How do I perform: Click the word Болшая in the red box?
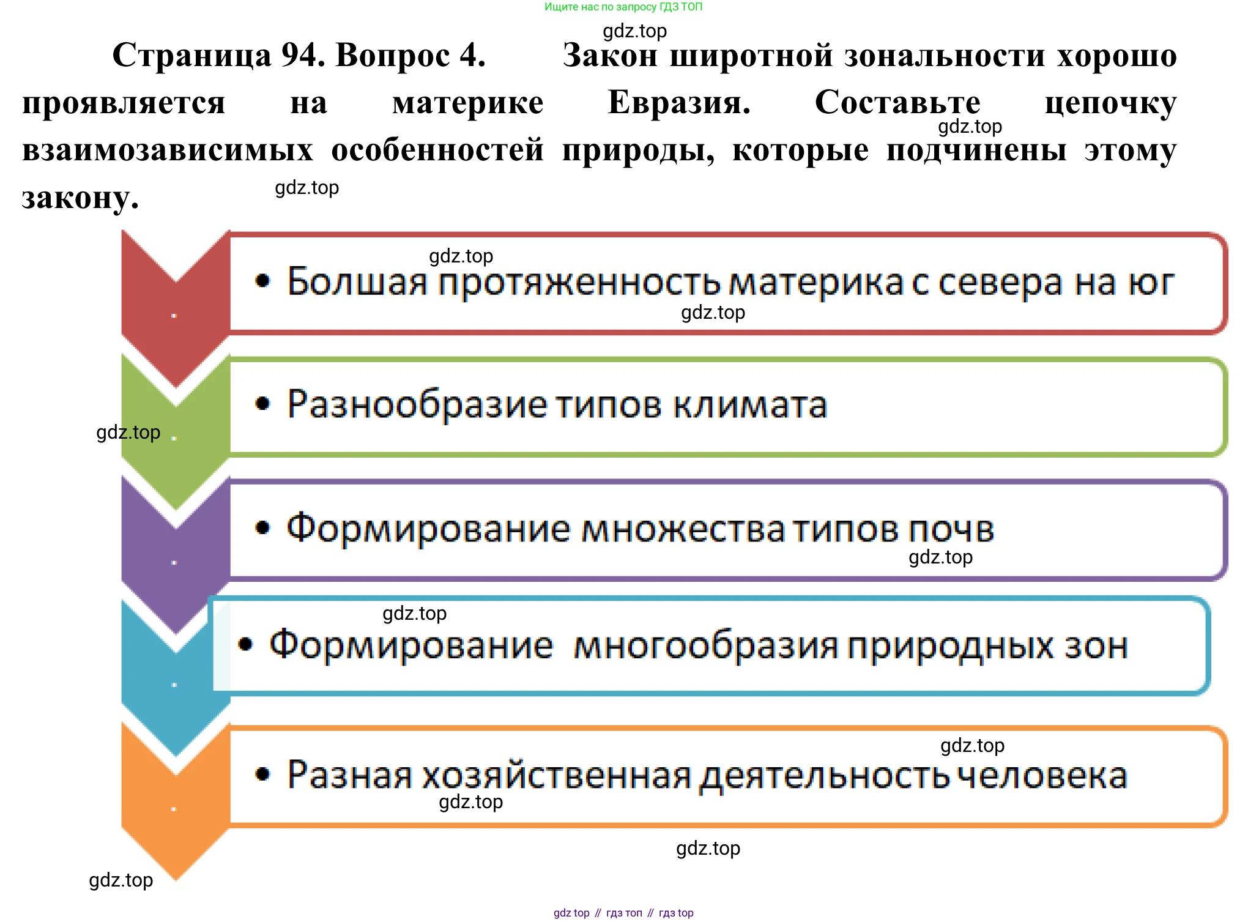(357, 282)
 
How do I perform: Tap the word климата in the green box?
(750, 404)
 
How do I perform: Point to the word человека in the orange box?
(1041, 776)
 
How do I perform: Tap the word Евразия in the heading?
(678, 102)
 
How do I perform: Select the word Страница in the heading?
(192, 56)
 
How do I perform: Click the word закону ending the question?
(80, 198)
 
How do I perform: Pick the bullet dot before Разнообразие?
(262, 404)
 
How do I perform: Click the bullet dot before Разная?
(262, 774)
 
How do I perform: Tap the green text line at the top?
(623, 7)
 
